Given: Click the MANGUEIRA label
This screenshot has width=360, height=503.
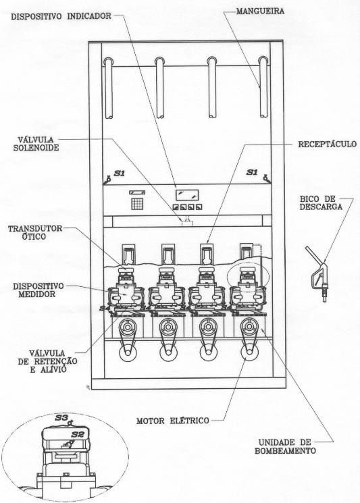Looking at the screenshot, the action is coord(260,11).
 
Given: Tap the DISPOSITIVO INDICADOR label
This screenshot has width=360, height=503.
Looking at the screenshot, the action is coord(61,16).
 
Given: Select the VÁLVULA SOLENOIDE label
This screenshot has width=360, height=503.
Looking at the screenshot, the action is coord(38,144).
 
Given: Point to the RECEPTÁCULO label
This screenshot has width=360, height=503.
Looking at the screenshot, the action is coord(328,144).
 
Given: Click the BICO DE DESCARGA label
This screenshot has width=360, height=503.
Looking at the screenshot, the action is coord(321,203).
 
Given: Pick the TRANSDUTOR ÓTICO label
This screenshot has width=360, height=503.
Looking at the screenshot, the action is coord(35,232).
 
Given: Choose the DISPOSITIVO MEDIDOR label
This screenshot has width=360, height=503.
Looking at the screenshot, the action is coord(38,290).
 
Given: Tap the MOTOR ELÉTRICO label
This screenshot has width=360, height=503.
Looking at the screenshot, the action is coord(173,421).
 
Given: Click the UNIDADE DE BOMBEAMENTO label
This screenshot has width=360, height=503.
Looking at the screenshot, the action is coord(285,446).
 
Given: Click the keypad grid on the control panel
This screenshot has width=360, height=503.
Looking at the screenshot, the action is coord(137,204).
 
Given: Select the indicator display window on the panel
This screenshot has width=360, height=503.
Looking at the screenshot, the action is coord(187,195).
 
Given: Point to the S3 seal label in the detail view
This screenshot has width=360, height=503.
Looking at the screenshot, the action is coord(61,418).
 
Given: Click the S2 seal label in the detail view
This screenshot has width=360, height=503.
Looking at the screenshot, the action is coord(77,435).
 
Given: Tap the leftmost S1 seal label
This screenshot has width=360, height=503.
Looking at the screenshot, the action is coord(120,174).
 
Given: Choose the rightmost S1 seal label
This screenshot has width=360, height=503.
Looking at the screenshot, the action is coord(252,173).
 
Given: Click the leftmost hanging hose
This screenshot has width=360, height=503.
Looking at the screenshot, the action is coord(109,88).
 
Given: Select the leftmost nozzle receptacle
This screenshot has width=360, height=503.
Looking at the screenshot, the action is coord(128,254).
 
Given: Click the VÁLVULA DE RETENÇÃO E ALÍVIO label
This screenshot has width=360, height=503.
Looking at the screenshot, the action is coord(47,361).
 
